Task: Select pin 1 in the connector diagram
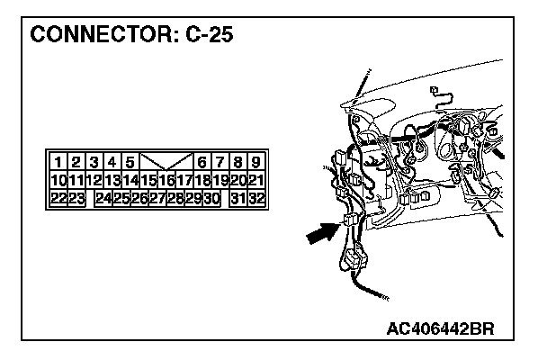58,163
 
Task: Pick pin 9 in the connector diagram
256,163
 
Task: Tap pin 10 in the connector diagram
58,181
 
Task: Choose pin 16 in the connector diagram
166,181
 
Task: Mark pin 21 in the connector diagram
256,181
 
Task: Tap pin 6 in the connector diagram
202,163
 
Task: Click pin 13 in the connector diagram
112,181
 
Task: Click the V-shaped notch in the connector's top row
166,163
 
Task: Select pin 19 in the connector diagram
220,181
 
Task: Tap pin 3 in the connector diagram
94,163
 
